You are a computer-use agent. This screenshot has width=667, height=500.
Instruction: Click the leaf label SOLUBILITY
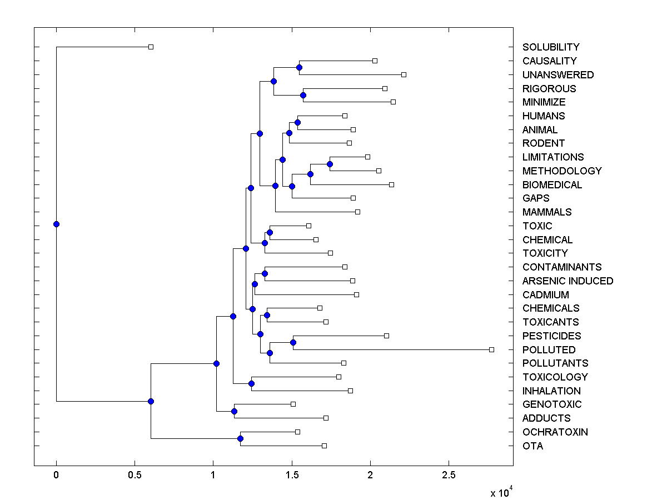(x=550, y=47)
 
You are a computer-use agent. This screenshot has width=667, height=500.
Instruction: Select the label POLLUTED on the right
(x=549, y=350)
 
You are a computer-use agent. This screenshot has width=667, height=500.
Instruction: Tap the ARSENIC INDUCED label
(x=568, y=281)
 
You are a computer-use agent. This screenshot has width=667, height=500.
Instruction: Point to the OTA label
(x=532, y=446)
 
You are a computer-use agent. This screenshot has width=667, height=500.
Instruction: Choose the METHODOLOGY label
(x=562, y=171)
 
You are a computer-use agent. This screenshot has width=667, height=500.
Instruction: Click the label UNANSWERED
(x=558, y=75)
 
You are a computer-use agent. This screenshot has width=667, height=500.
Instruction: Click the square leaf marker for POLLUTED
(x=491, y=349)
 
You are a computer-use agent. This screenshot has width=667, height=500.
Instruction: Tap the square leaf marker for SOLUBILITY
(x=151, y=47)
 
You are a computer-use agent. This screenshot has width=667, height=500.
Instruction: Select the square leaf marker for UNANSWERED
(x=404, y=74)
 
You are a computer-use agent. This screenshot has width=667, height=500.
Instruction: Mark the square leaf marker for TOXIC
(x=309, y=226)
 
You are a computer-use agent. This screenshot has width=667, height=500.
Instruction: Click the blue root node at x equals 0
(x=56, y=224)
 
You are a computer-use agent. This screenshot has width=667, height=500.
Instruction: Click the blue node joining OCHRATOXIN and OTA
(x=240, y=438)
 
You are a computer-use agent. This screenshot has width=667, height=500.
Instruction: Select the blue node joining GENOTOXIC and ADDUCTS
(x=234, y=411)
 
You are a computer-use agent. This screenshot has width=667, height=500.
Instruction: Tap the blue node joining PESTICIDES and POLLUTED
(x=293, y=342)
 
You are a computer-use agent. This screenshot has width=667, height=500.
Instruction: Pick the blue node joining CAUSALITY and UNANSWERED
(x=299, y=67)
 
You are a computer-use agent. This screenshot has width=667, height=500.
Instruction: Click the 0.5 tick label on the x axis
(x=135, y=476)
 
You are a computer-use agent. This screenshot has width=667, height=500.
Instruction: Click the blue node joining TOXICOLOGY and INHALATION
(x=251, y=383)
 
